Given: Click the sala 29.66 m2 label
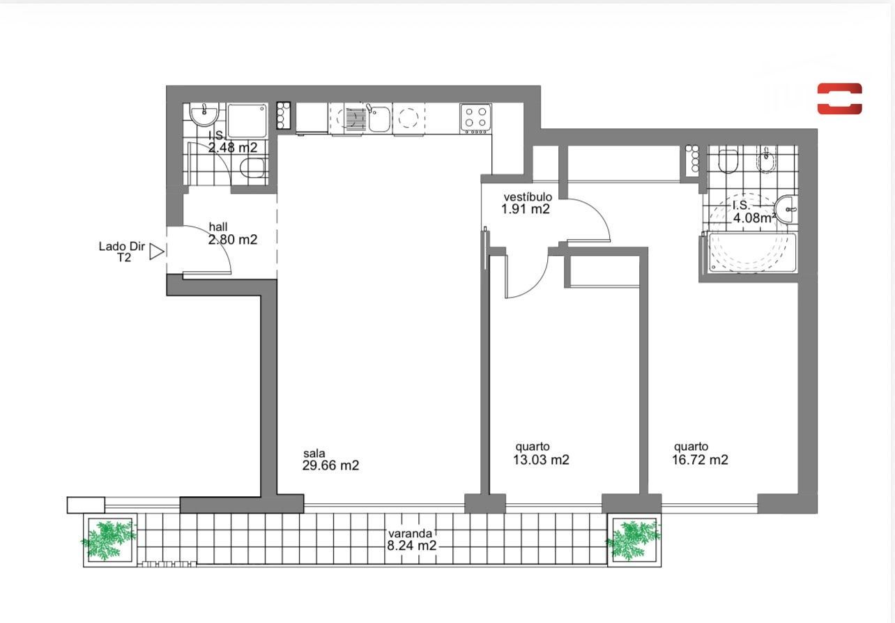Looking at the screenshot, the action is click(330, 460).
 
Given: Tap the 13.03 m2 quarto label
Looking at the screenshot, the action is click(541, 454).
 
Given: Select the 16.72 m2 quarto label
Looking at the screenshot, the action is click(700, 454).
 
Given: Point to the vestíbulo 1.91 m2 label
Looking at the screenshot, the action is click(526, 203).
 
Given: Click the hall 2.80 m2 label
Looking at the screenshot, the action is click(233, 233).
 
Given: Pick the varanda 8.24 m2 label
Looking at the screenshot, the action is click(411, 539).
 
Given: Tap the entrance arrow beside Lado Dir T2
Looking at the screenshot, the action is click(157, 252).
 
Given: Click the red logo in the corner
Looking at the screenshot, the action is click(839, 99).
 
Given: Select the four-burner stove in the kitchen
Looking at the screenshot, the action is click(475, 118).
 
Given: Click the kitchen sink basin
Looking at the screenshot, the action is click(378, 118).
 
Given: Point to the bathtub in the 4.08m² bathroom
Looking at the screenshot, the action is click(752, 253).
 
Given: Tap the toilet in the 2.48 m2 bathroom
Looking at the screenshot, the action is click(253, 168).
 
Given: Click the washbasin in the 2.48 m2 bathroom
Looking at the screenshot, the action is click(204, 114).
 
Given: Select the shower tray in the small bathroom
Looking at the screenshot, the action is click(247, 121).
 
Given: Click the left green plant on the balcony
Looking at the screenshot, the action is click(109, 540).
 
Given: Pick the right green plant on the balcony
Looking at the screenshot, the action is click(634, 540).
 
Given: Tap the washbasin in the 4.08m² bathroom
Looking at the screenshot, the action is click(786, 209).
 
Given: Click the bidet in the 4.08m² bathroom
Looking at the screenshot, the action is click(766, 159).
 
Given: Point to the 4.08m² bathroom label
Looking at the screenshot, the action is click(754, 212).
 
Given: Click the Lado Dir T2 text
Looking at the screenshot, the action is click(121, 252).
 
